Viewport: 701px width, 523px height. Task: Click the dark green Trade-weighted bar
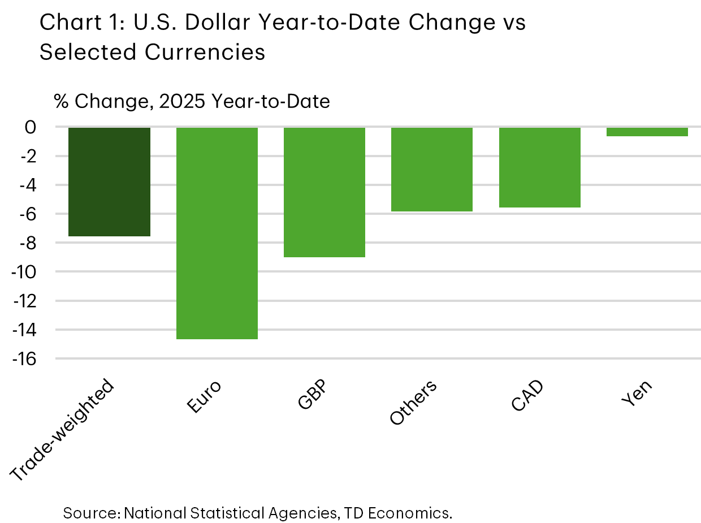[x=109, y=181]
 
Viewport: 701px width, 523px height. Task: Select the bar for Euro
[x=217, y=233]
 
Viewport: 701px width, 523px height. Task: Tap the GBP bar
[x=324, y=192]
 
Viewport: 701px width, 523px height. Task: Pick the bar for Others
[x=432, y=170]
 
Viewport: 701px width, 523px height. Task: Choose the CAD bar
[x=540, y=167]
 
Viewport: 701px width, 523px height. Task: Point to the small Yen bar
[x=647, y=132]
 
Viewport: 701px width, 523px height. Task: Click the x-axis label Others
[x=413, y=403]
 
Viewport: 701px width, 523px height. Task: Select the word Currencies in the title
[x=205, y=52]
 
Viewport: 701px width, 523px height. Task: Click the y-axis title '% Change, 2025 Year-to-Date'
[x=192, y=102]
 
